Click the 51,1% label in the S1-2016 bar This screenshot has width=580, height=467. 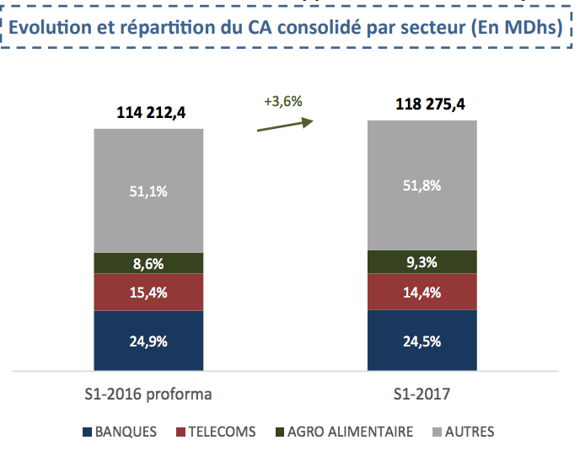148,191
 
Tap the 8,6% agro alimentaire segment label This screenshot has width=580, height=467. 148,263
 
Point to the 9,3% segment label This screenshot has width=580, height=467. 422,262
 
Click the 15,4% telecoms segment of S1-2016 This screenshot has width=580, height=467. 148,293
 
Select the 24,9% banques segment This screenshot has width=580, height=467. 148,341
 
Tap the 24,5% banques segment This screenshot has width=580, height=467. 422,341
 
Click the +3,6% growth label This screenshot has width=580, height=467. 282,102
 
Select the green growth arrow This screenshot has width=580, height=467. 284,125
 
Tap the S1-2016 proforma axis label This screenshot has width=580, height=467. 148,394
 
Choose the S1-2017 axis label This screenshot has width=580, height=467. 422,394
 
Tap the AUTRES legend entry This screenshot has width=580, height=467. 464,432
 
